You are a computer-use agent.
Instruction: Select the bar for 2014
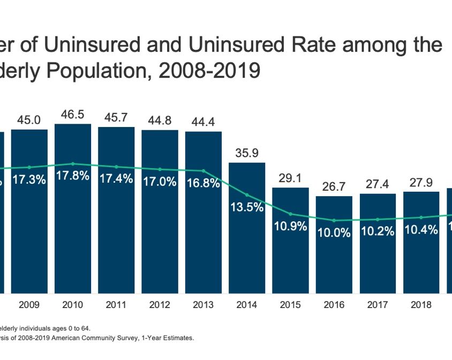pyautogui.click(x=247, y=252)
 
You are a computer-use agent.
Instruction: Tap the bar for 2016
pyautogui.click(x=334, y=262)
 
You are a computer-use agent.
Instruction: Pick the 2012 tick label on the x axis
pyautogui.click(x=160, y=306)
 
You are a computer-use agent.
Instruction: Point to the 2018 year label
pyautogui.click(x=421, y=306)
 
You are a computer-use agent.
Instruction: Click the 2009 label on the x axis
pyautogui.click(x=29, y=306)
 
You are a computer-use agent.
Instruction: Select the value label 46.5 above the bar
pyautogui.click(x=73, y=115)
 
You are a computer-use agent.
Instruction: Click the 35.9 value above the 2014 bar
pyautogui.click(x=247, y=153)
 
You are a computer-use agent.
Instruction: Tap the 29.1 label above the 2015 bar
pyautogui.click(x=290, y=178)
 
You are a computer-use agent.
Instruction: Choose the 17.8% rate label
pyautogui.click(x=73, y=176)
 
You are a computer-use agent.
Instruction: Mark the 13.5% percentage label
pyautogui.click(x=247, y=208)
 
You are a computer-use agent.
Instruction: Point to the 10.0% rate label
pyautogui.click(x=334, y=233)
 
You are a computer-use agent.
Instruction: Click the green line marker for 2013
pyautogui.click(x=204, y=171)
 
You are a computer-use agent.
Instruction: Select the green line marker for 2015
pyautogui.click(x=290, y=213)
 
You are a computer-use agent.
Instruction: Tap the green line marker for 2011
pyautogui.click(x=116, y=167)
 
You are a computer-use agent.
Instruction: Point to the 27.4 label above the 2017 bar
pyautogui.click(x=378, y=185)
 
